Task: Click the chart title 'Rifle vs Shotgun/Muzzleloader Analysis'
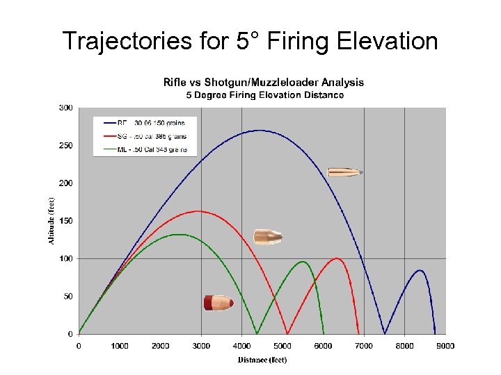(x=263, y=82)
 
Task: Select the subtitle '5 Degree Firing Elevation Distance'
(x=263, y=94)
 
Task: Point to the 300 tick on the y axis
(x=66, y=108)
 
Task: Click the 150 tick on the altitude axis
(x=66, y=221)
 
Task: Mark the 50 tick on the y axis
(x=67, y=297)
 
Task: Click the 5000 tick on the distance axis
(x=283, y=345)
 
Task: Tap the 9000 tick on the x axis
(x=445, y=345)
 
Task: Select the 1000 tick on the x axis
(x=120, y=345)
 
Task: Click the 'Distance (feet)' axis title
(x=262, y=359)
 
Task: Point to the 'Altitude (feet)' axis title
(x=51, y=221)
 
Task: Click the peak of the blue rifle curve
(x=259, y=130)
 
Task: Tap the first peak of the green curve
(x=178, y=234)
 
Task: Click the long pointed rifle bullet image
(x=345, y=172)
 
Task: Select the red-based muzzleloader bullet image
(x=218, y=303)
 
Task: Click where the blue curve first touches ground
(x=385, y=333)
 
